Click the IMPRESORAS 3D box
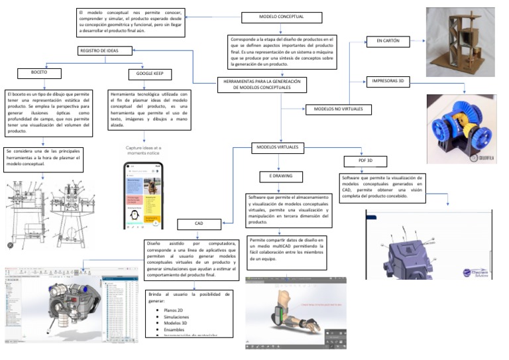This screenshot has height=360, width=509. [x=390, y=82]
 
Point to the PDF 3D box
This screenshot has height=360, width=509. [x=365, y=161]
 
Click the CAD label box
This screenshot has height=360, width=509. [x=198, y=225]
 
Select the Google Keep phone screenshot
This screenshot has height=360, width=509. [x=144, y=194]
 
